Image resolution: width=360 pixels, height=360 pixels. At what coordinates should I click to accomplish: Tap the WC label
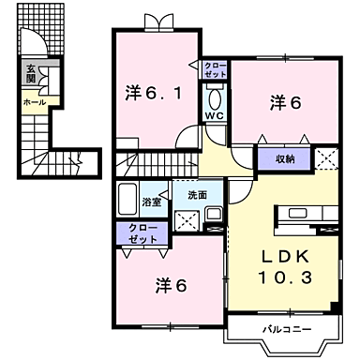pos(213,117)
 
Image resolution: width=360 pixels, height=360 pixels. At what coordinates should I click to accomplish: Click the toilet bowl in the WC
pos(214,98)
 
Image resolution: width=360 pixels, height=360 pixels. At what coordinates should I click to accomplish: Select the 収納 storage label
pos(286,158)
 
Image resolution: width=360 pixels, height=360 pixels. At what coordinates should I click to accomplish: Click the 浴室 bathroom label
pos(151,202)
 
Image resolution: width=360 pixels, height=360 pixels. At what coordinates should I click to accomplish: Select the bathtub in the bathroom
pos(127,199)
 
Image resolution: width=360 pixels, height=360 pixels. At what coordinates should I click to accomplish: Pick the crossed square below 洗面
pos(186,220)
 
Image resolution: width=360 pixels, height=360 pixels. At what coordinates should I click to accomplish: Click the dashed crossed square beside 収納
pos(328,158)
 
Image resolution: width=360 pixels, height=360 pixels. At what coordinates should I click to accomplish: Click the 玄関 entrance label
pos(31,74)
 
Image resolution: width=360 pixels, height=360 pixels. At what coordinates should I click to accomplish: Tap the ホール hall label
pos(34,100)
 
